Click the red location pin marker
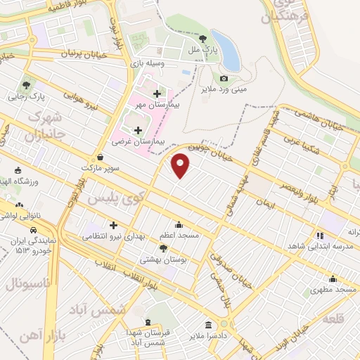point(181,164)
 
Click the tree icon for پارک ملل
point(203,39)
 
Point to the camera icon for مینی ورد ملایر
point(224,78)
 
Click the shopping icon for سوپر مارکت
point(103,157)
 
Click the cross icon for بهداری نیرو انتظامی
point(112,225)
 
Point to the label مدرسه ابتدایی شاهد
point(320,246)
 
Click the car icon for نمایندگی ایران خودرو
point(34,230)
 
